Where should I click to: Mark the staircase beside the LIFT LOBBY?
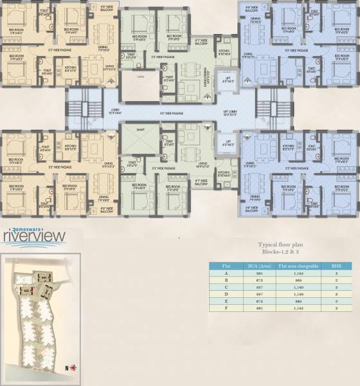[264, 103]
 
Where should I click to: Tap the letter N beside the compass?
[67, 367]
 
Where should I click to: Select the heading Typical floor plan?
[283, 245]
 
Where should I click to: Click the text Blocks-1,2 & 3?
[283, 253]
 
